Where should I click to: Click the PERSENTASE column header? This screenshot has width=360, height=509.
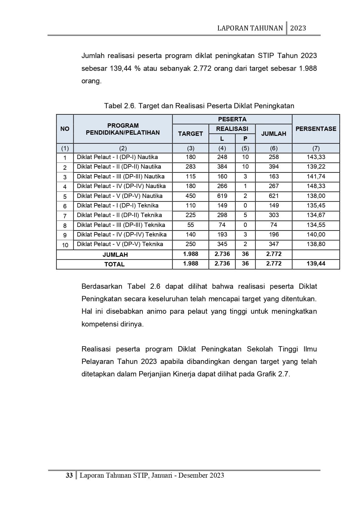point(316,129)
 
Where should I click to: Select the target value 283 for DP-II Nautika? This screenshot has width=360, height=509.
point(191,167)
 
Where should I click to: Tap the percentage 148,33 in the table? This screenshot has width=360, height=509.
point(316,186)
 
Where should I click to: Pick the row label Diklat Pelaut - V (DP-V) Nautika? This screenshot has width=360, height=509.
point(120,196)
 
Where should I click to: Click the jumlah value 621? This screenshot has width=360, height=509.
point(274,196)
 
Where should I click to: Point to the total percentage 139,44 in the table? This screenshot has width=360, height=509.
point(316,263)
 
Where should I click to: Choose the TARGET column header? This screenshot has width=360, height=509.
point(190,133)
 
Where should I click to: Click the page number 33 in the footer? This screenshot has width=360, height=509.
point(69,475)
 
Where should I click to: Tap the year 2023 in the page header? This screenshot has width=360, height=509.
point(298,28)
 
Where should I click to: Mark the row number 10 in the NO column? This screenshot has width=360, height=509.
point(65,245)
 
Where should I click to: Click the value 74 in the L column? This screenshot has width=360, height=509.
point(222,225)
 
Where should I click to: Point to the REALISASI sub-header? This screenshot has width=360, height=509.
point(232,129)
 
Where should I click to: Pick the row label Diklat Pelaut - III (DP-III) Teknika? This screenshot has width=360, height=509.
point(121,225)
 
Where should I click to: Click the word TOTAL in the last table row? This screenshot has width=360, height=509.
point(114,264)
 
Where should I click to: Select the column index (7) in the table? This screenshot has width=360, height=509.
point(316,148)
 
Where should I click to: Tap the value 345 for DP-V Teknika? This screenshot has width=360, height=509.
point(222,244)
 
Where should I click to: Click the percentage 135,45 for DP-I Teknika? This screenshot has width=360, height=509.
point(316,205)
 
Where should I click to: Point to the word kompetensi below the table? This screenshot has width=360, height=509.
point(100,324)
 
